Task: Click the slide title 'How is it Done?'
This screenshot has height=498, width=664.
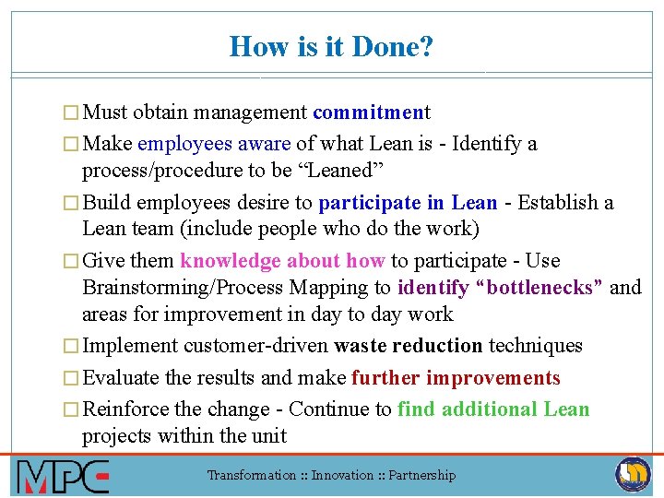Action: [331, 46]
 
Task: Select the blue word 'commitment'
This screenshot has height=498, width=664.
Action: [371, 113]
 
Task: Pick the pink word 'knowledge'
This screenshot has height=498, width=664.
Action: [231, 261]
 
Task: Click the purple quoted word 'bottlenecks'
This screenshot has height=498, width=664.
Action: [543, 288]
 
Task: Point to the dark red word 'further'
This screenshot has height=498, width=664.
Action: [384, 378]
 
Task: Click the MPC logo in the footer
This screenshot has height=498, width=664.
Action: [63, 476]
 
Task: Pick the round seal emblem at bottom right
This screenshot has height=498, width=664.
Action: [633, 474]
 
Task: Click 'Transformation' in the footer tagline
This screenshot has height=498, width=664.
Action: [251, 476]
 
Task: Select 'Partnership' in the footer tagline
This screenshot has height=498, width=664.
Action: [421, 476]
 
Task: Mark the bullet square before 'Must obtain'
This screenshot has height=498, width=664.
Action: [74, 113]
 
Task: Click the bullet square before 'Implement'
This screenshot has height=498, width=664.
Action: [74, 347]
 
